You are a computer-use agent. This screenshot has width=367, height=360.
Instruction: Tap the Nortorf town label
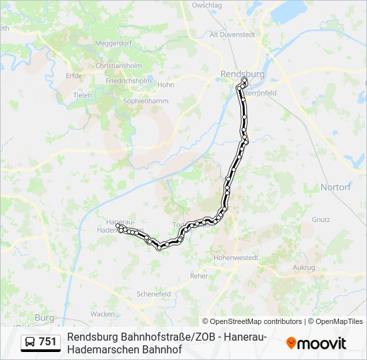[x=336, y=187]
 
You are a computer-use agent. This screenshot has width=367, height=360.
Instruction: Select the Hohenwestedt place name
[x=236, y=257]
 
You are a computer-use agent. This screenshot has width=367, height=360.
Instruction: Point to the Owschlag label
[x=206, y=5]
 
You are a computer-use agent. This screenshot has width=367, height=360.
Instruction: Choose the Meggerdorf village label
[x=113, y=43]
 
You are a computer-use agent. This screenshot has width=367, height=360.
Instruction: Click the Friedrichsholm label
[x=128, y=81]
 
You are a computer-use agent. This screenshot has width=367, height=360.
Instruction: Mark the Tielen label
[x=83, y=95]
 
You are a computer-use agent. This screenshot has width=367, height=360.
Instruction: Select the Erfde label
[x=74, y=76]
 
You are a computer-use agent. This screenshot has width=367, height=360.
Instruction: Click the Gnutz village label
[x=320, y=219]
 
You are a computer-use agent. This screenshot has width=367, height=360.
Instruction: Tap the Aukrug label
[x=304, y=267]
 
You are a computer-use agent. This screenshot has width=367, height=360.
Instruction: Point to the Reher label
[x=199, y=275]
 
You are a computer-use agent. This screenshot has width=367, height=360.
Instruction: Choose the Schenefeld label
[x=153, y=293]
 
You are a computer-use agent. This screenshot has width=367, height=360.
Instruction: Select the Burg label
[x=44, y=317]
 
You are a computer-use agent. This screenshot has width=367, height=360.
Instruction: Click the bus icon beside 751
[x=31, y=342]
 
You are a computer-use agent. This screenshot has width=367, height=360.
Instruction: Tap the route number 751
[x=48, y=342]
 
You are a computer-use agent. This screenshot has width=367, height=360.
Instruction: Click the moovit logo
[x=316, y=343]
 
